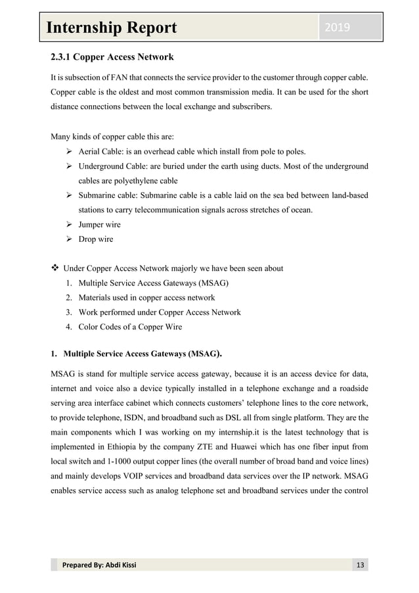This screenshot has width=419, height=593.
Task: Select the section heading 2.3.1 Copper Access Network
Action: [x=112, y=57]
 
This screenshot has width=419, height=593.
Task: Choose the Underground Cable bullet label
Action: [x=112, y=166]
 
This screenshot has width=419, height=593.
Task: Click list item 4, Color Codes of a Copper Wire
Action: [x=131, y=326]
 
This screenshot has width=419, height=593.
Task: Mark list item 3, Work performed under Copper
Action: [x=160, y=312]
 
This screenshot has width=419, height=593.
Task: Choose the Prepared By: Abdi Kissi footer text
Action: [x=99, y=566]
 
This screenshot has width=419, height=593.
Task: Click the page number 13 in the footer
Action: [x=359, y=566]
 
